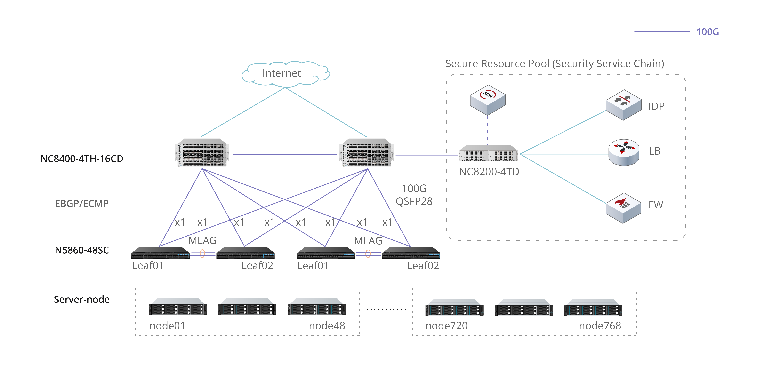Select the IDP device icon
point(624,105)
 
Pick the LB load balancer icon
point(624,152)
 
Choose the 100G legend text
point(707,32)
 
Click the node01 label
point(167,326)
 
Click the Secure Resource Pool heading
point(555,64)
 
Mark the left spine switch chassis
point(202,152)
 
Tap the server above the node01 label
point(178,307)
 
